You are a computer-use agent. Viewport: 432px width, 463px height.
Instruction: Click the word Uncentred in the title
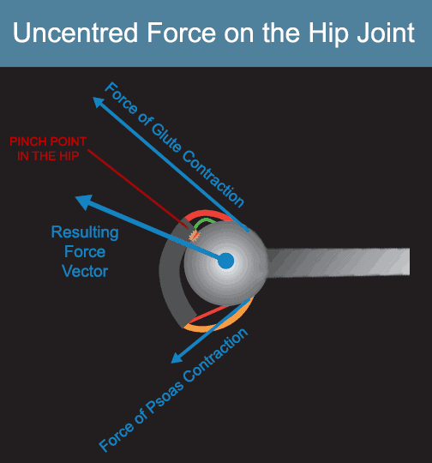click(75, 33)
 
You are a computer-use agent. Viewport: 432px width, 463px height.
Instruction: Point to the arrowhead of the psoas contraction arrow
click(177, 358)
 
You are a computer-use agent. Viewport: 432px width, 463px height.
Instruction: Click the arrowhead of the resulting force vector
click(85, 201)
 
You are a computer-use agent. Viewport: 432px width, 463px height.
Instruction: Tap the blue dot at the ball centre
click(226, 261)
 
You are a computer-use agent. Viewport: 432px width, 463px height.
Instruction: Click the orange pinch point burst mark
click(195, 236)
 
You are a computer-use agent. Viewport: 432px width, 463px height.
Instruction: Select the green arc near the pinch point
click(204, 221)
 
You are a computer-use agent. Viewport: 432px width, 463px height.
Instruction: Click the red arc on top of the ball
click(207, 213)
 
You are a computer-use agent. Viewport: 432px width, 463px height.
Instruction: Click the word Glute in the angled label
click(166, 138)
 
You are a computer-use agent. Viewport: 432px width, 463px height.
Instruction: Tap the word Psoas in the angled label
click(164, 398)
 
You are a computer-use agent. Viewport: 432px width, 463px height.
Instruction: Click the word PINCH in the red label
click(27, 141)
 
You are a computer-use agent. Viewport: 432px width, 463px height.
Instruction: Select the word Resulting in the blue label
click(85, 233)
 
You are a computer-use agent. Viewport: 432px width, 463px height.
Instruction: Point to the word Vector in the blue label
click(85, 271)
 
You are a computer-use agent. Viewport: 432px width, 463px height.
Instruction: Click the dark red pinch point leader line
click(138, 189)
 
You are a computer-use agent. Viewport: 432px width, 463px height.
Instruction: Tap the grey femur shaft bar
click(338, 262)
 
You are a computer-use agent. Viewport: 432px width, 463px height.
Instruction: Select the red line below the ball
click(209, 314)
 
